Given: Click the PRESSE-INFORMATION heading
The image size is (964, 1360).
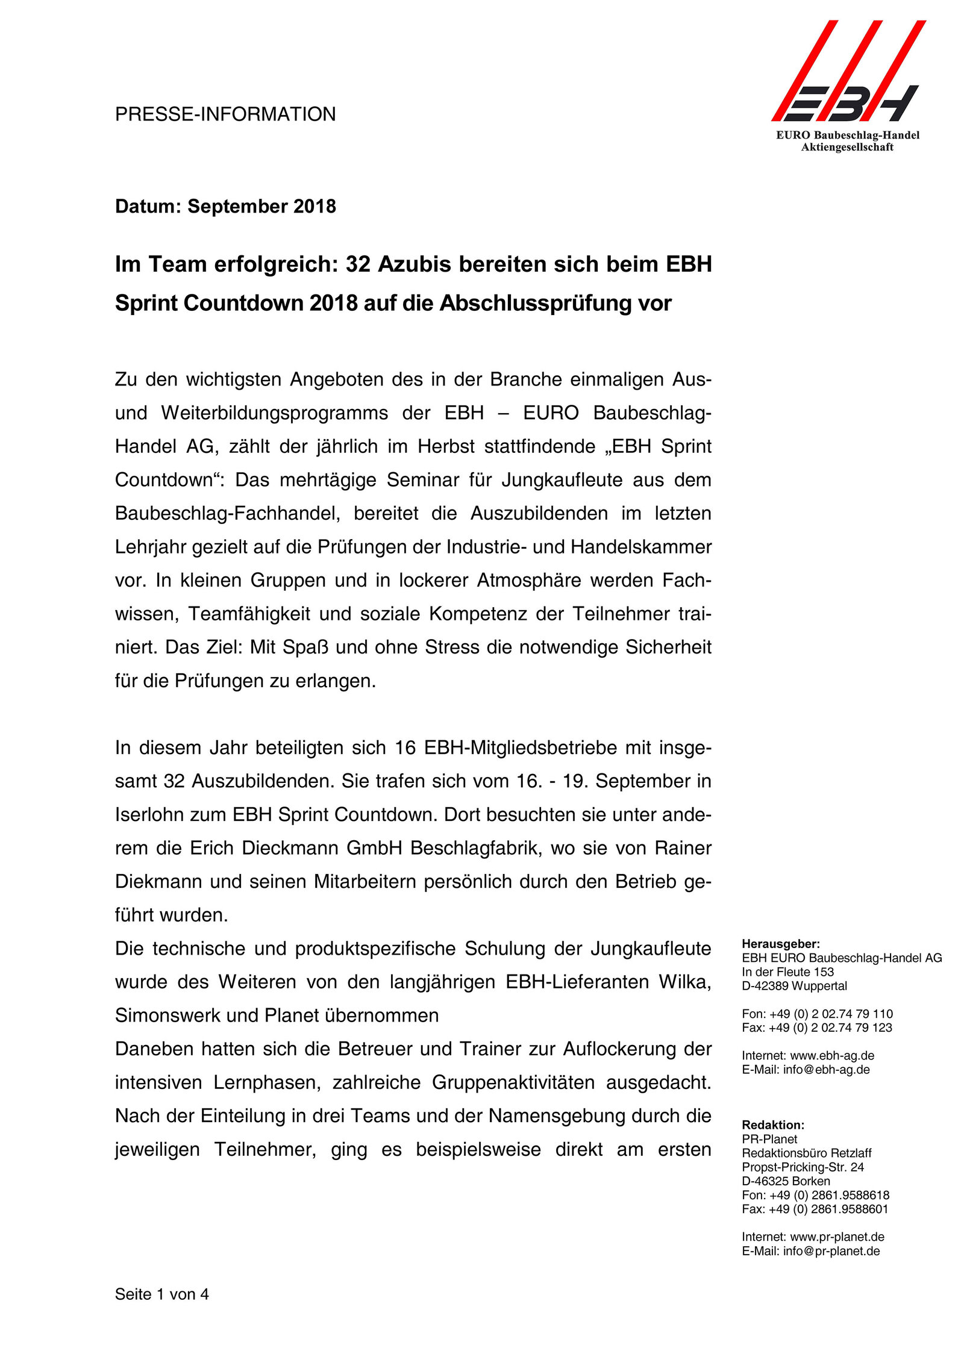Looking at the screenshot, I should (x=225, y=114).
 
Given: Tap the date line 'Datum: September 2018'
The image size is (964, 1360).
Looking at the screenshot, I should (x=225, y=207).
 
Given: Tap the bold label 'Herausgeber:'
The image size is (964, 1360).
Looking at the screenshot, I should (x=781, y=944).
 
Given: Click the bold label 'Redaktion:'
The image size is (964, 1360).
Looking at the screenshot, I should (x=773, y=1125).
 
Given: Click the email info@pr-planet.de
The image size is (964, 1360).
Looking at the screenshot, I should (x=831, y=1251).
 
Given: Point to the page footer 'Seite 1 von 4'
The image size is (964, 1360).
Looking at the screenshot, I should (x=162, y=1294).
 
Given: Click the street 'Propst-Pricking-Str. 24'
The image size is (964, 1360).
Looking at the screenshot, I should (x=803, y=1167).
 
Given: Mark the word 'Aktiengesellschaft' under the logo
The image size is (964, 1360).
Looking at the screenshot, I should (x=847, y=148).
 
